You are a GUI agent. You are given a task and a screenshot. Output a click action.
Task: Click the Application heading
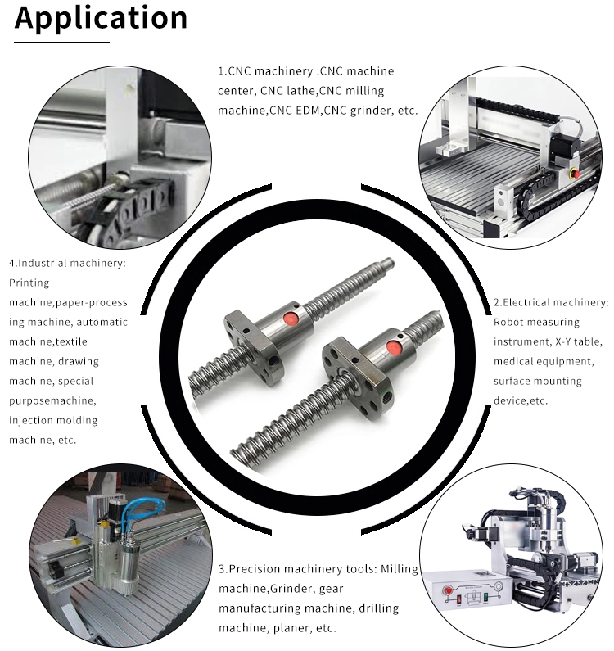[x=101, y=19]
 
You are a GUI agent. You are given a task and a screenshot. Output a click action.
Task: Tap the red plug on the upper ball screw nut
[x=291, y=319]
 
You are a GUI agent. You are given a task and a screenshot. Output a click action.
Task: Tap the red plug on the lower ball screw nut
[x=392, y=347]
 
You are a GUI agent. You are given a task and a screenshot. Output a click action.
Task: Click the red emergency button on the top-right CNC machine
[x=575, y=173]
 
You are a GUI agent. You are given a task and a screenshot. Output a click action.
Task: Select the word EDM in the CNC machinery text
[x=307, y=111]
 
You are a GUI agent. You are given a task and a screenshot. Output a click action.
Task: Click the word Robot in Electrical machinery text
[x=510, y=322]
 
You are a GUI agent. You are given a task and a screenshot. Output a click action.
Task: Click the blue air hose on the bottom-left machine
[x=139, y=509]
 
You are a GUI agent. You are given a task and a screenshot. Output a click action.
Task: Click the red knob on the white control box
[x=449, y=590]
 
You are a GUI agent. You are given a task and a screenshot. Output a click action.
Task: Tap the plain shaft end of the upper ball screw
[x=387, y=263]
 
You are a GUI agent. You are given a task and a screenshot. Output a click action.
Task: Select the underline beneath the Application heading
[x=61, y=42]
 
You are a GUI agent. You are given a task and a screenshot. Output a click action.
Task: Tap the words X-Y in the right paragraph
[x=564, y=341]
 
